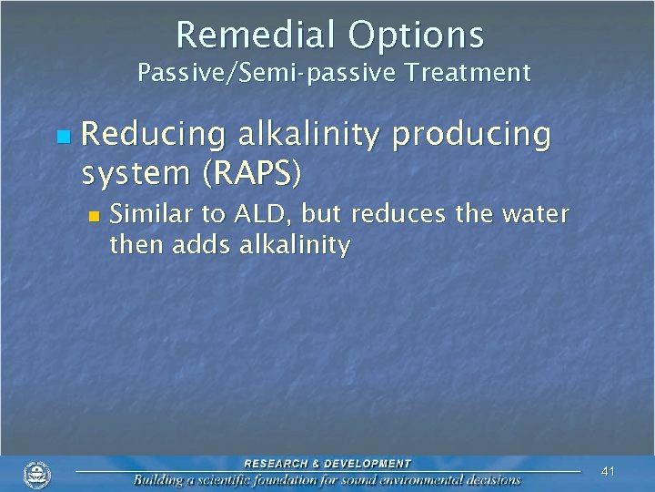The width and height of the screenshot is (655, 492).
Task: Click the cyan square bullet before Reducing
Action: pyautogui.click(x=62, y=137)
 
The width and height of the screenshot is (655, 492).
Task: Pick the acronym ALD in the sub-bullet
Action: pyautogui.click(x=259, y=215)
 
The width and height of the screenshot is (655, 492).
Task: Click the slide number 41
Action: pyautogui.click(x=609, y=471)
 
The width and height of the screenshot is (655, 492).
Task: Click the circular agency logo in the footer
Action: pyautogui.click(x=37, y=475)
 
